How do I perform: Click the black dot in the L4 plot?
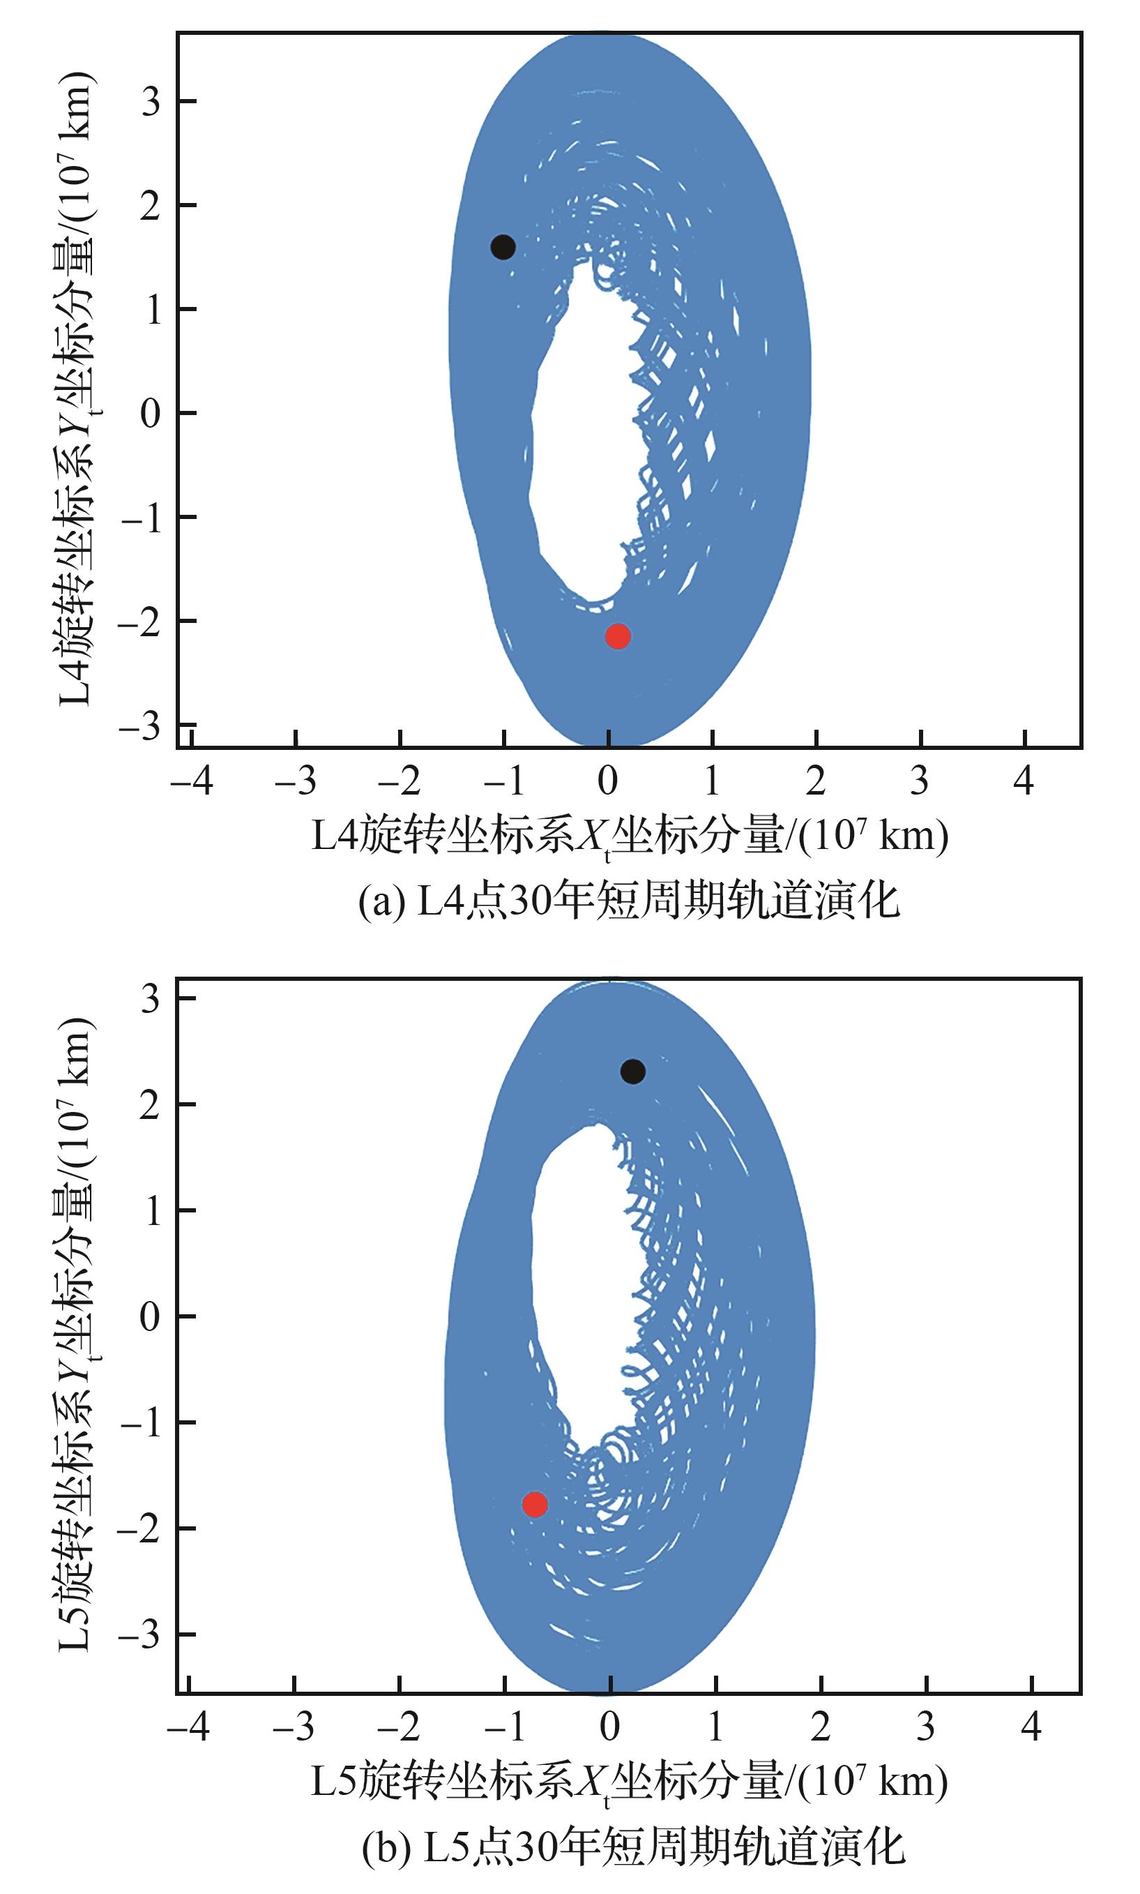[x=503, y=248]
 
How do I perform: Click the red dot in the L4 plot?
[x=618, y=636]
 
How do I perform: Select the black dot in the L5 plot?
[x=632, y=1071]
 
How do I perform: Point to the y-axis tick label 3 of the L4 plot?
[x=151, y=101]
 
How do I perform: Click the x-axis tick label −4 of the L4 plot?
[x=191, y=781]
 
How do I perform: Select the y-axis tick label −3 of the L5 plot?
[x=142, y=1634]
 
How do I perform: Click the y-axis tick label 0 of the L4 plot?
[x=151, y=414]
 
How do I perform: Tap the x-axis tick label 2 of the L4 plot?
[x=816, y=781]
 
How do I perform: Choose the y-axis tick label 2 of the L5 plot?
[x=151, y=1105]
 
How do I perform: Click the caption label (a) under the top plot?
[x=382, y=902]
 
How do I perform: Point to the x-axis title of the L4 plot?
[x=630, y=836]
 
